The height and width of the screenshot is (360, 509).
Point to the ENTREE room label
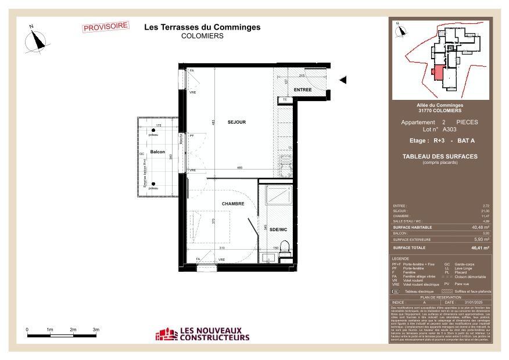click(302, 90)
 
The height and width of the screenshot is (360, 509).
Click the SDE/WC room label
click(278, 230)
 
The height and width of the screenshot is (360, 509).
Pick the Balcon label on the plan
click(157, 152)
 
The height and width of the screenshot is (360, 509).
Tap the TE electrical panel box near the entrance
click(285, 100)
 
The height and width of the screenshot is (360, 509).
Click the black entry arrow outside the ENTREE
click(343, 80)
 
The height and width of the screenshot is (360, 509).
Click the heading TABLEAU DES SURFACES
click(440, 156)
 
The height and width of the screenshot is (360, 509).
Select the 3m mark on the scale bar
click(96, 329)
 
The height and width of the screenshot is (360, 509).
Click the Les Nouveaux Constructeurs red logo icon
click(166, 334)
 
